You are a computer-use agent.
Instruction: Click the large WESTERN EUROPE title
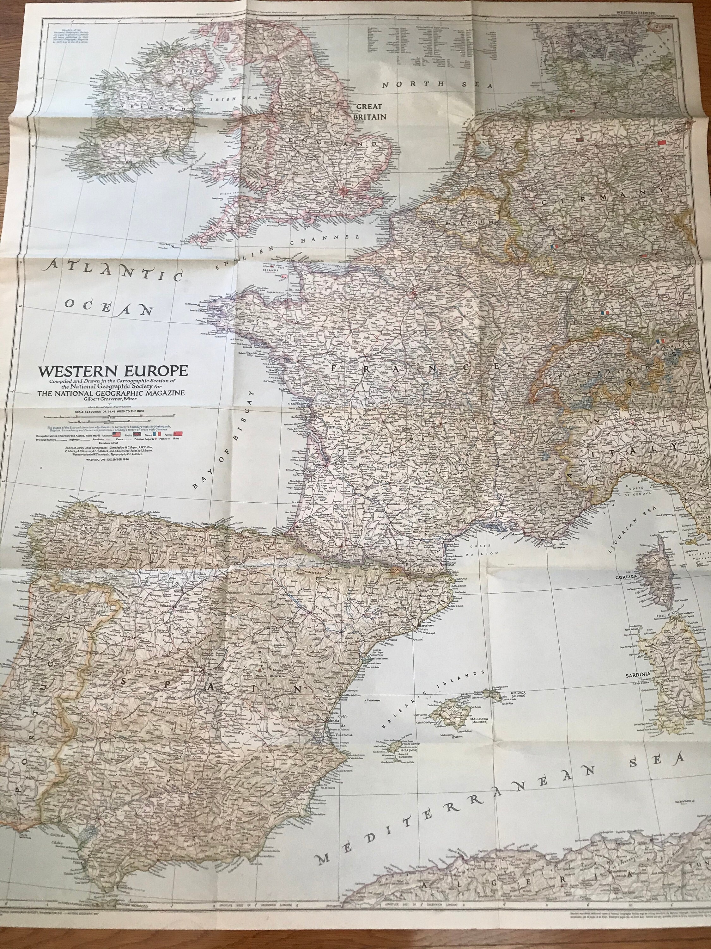pyautogui.click(x=113, y=371)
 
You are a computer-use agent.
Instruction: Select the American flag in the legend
pyautogui.click(x=117, y=434)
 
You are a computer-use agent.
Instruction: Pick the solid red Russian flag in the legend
pyautogui.click(x=178, y=434)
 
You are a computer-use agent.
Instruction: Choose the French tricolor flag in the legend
pyautogui.click(x=157, y=434)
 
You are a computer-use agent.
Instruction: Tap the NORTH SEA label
pyautogui.click(x=437, y=84)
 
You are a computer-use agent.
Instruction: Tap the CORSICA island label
pyautogui.click(x=627, y=577)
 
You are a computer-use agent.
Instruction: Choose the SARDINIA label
pyautogui.click(x=638, y=675)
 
